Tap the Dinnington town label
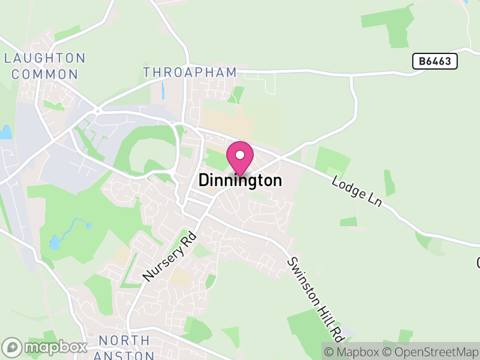point(240,181)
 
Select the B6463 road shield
point(435,61)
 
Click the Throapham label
point(190,73)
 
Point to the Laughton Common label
point(45,66)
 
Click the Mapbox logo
point(45,347)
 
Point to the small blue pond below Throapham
point(162,91)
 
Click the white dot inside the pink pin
point(240,154)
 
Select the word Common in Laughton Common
point(45,74)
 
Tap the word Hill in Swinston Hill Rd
point(316,300)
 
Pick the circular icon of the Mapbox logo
point(12,347)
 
